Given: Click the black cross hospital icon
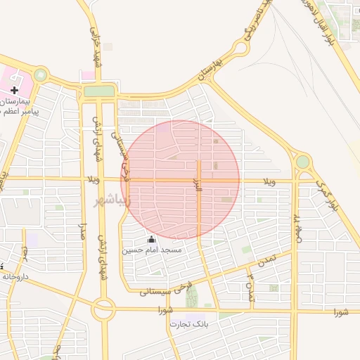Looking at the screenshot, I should (14, 90).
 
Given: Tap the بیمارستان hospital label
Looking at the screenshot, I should (19, 101).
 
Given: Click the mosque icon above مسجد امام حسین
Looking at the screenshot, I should (151, 239).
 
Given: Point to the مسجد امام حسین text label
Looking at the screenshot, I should (152, 250).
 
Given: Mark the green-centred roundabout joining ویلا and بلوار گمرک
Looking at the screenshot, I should (302, 162).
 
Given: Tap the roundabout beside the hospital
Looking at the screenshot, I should (41, 74).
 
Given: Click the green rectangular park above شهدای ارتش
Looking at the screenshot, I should (98, 91).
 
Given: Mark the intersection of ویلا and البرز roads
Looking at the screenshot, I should (199, 180).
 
